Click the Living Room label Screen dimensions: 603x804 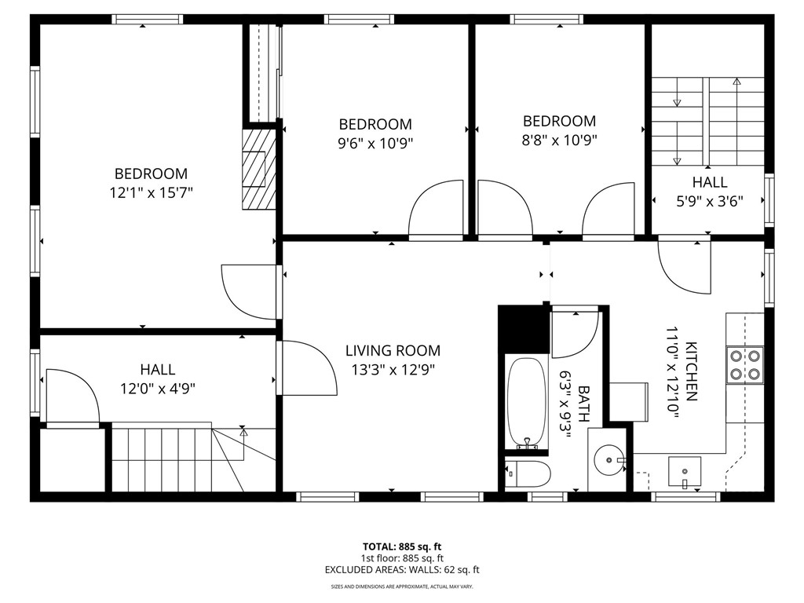pos(393,351)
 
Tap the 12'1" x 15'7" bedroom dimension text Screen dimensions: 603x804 pos(151,192)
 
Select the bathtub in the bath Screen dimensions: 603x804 pos(527,402)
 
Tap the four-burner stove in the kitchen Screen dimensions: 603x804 pos(745,364)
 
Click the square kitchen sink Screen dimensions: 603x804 pos(685,472)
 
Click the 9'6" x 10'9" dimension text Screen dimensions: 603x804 pos(375,143)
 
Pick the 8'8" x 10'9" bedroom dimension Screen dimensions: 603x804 pos(560,141)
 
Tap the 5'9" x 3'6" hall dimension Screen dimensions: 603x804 pos(709,200)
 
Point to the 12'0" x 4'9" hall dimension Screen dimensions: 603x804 pos(158,387)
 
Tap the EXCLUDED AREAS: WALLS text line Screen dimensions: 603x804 pos(401,570)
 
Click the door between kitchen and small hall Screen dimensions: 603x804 pos(683,267)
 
